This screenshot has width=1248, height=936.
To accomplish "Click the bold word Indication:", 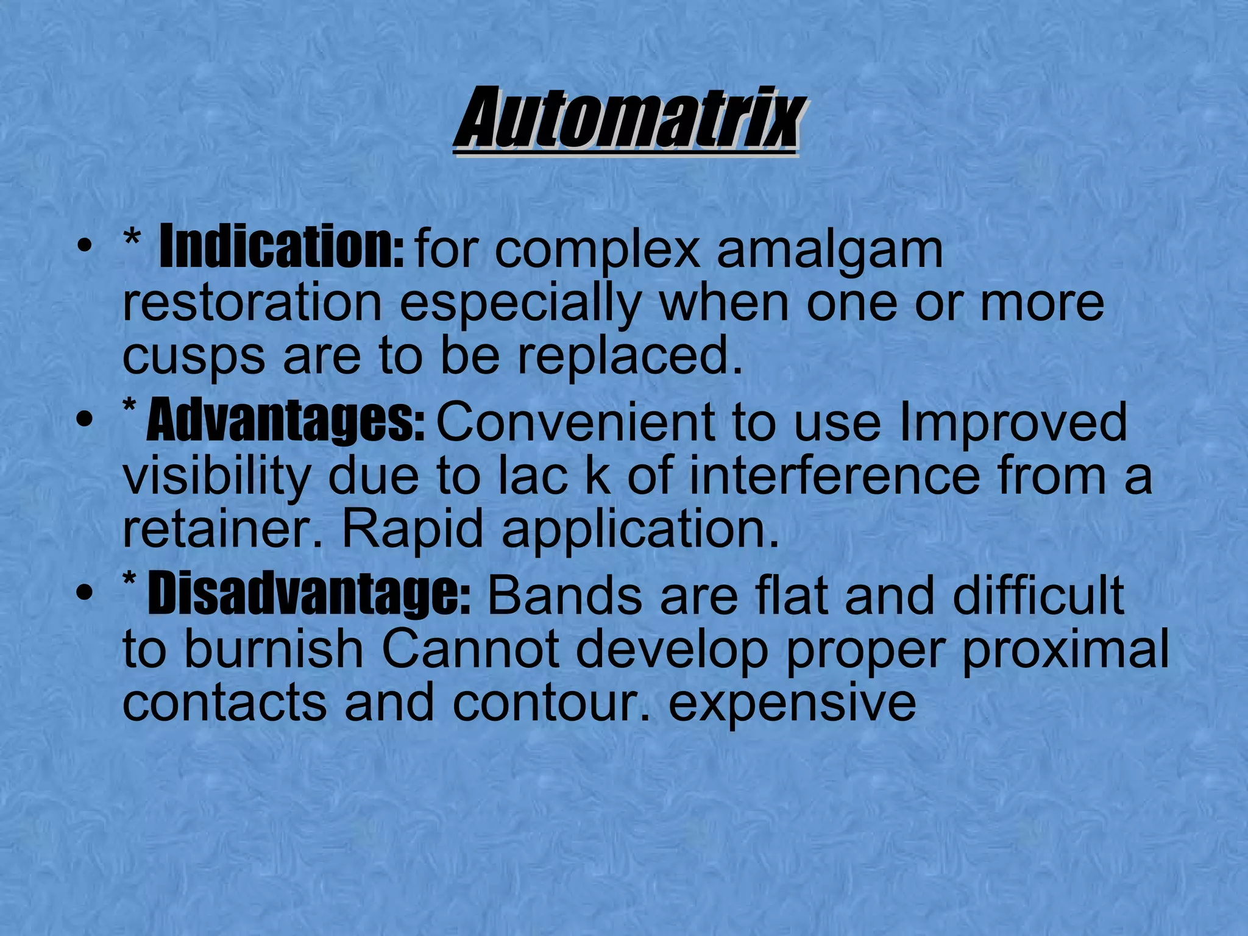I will click(281, 247).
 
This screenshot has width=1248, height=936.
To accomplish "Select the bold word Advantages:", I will click(285, 422).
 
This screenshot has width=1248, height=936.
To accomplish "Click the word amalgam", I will click(829, 251).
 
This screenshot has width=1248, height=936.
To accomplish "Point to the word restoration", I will click(252, 303).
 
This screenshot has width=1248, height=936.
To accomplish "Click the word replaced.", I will click(631, 356).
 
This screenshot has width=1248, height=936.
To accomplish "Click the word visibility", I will click(216, 477).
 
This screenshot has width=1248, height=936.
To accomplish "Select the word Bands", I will click(564, 595).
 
